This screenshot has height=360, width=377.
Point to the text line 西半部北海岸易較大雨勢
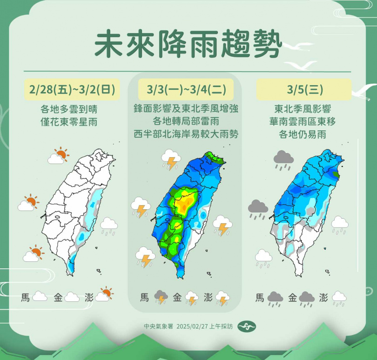pyautogui.click(x=185, y=134)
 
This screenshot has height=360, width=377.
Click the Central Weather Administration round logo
pyautogui.click(x=247, y=327)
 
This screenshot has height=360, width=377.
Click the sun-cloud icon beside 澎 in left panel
pyautogui.click(x=104, y=294)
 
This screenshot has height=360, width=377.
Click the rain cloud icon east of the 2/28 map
pyautogui.click(x=109, y=226)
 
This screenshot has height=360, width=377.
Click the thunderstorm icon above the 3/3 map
pyautogui.click(x=170, y=159)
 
